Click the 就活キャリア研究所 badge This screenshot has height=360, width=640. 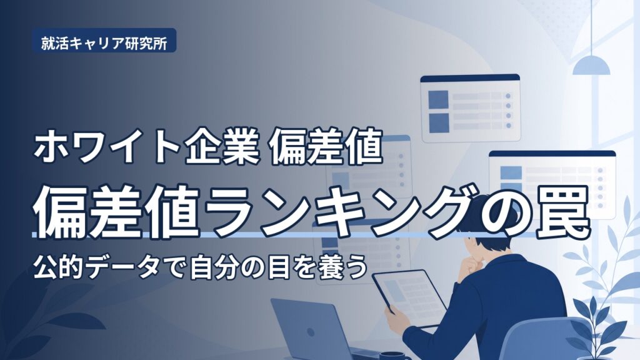(x=104, y=41)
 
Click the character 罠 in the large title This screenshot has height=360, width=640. (x=563, y=213)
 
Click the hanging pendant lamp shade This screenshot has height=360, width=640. (x=591, y=65)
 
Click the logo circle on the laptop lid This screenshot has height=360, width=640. (x=310, y=332)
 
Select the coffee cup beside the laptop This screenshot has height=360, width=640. (x=389, y=356)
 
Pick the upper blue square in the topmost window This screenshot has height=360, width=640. (x=438, y=99)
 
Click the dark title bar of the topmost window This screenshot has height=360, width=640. (x=470, y=78)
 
